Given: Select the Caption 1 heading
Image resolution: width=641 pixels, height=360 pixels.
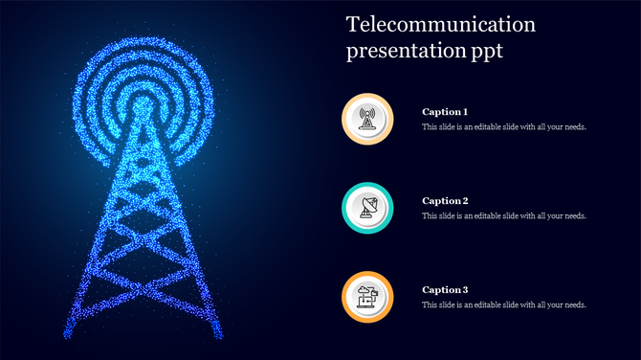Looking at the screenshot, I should (x=445, y=112).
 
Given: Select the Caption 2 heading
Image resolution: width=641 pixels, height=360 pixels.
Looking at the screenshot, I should (x=445, y=201).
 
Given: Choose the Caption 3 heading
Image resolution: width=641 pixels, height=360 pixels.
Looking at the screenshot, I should (x=445, y=290).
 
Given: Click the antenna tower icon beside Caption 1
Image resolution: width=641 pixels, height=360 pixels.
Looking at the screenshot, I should (x=367, y=119).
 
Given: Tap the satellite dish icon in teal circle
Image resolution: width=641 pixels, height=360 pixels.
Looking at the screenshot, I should (x=367, y=208).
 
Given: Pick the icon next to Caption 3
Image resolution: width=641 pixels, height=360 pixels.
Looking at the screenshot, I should (x=367, y=297).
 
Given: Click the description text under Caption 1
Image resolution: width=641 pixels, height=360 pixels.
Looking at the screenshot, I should (x=504, y=127).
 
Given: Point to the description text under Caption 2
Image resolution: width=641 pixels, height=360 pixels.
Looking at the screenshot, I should (x=504, y=216).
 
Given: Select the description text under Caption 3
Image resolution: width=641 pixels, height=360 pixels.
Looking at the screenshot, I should (x=504, y=305).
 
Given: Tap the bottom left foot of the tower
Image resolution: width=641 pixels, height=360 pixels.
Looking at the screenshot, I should (x=70, y=334).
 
